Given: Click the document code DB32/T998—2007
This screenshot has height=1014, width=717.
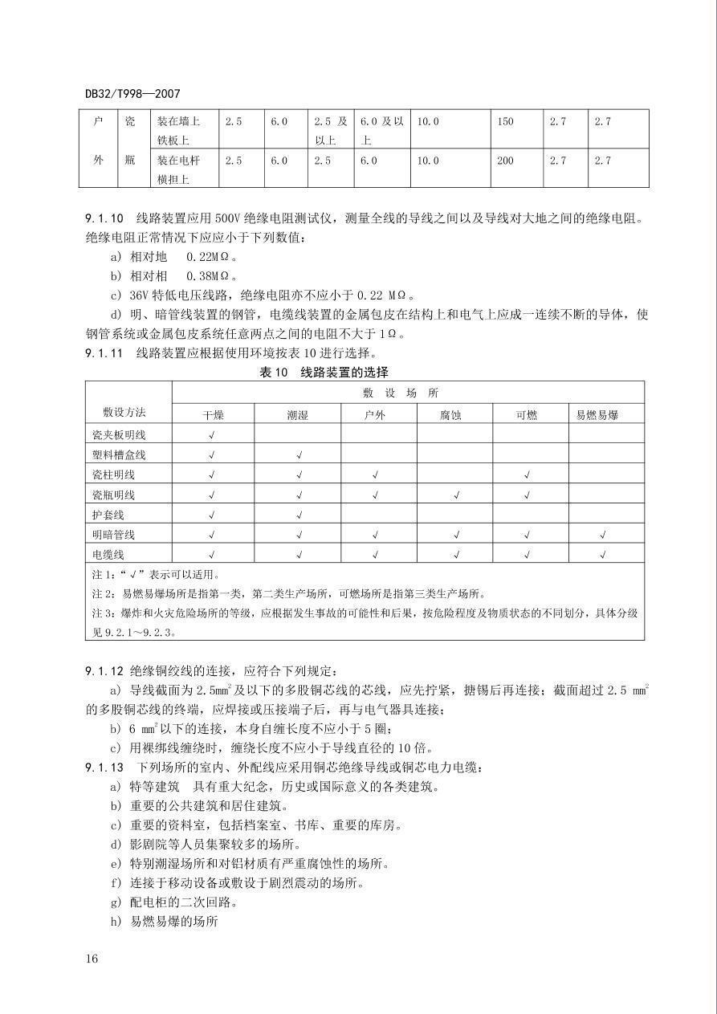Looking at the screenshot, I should [x=132, y=93].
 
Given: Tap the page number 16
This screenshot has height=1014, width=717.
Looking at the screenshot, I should [x=91, y=959].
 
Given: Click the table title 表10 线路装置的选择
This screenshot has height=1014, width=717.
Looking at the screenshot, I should [x=324, y=372].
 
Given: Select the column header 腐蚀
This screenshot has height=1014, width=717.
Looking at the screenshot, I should [x=454, y=415].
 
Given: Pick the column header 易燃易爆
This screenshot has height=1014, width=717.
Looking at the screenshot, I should [x=597, y=415].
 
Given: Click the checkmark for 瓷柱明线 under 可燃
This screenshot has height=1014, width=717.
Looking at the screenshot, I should [x=528, y=475].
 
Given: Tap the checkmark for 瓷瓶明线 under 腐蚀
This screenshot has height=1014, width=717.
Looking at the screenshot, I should [x=454, y=495].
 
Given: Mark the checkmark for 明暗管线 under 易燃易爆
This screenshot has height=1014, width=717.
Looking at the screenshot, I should [x=602, y=535].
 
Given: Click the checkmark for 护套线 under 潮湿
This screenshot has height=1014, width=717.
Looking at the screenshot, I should [x=298, y=515].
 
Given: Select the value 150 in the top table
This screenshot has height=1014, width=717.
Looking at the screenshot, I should [x=505, y=122].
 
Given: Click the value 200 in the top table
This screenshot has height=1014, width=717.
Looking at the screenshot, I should [x=505, y=161].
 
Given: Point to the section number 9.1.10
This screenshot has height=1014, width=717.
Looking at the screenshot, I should [x=104, y=218].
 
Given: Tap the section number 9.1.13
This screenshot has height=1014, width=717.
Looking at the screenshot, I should [x=104, y=768].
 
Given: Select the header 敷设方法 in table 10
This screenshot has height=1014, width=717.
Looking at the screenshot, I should [x=124, y=412].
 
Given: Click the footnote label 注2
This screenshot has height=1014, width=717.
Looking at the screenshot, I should [x=101, y=594].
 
